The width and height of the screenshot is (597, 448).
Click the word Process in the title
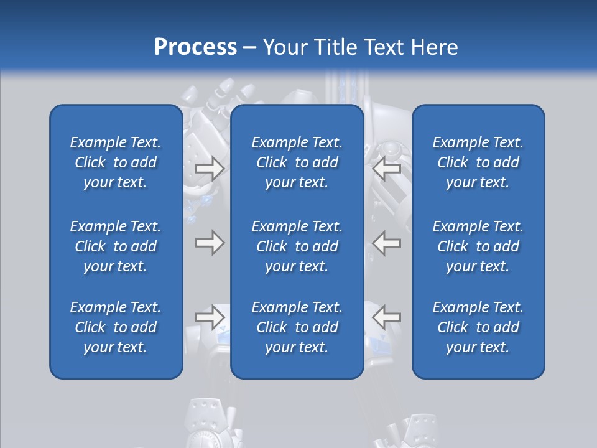[x=195, y=47]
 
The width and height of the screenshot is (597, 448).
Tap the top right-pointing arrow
[x=210, y=169]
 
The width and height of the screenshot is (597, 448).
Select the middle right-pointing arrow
[x=210, y=243]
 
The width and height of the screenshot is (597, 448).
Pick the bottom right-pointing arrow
[x=210, y=317]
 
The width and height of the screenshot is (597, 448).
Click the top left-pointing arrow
[x=386, y=169]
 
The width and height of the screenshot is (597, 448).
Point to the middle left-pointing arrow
[x=386, y=243]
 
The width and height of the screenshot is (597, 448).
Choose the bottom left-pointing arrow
[x=386, y=317]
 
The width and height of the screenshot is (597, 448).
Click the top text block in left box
[x=116, y=162]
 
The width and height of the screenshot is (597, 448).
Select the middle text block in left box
[x=116, y=246]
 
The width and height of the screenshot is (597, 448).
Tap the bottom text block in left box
[x=116, y=327]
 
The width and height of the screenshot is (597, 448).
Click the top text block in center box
[x=297, y=162]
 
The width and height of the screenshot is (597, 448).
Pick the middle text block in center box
[x=297, y=246]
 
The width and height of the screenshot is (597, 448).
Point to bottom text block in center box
[x=297, y=327]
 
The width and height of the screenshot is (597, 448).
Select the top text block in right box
[x=478, y=162]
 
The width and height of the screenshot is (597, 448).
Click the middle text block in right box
[x=478, y=246]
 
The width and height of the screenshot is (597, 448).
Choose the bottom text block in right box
[x=478, y=327]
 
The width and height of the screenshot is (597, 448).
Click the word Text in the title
[x=386, y=47]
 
